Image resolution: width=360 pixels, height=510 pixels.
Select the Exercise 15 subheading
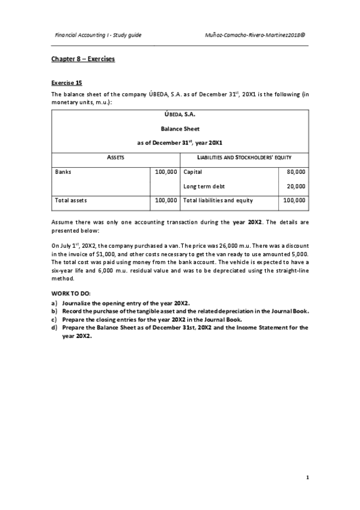click(66, 82)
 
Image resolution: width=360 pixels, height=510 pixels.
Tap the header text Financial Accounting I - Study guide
click(98, 35)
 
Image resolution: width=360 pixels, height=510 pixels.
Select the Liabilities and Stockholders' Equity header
click(245, 158)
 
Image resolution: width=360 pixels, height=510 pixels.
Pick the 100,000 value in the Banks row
click(165, 171)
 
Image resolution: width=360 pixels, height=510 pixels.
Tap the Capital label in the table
click(192, 171)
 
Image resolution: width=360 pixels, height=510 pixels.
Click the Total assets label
click(70, 200)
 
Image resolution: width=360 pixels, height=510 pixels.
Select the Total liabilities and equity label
click(218, 200)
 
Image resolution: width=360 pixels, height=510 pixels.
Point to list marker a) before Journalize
click(54, 303)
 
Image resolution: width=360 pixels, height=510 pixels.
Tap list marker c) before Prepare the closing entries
click(54, 319)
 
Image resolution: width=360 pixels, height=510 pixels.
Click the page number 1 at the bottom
click(307, 478)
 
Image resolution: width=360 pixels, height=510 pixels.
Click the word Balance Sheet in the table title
click(180, 128)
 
